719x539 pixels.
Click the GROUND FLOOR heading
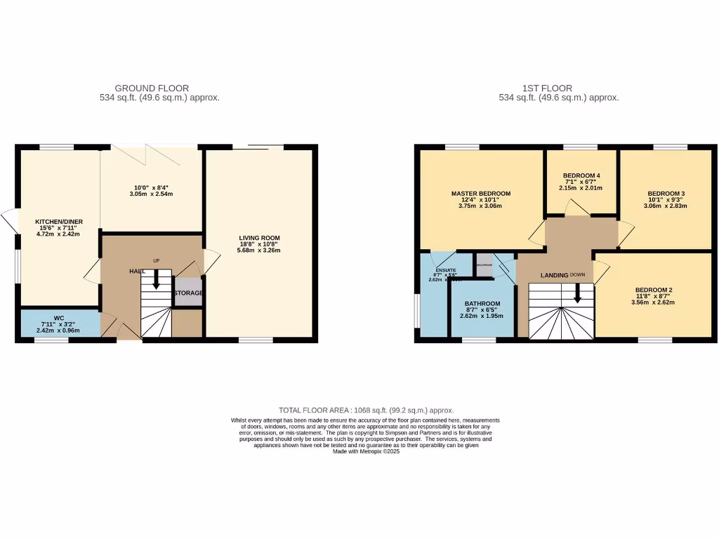[152, 88]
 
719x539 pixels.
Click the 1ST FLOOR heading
[546, 88]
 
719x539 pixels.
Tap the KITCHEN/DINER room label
[59, 222]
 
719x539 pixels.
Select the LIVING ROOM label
[259, 238]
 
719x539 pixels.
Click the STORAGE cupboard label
[188, 293]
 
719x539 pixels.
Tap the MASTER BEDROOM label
[480, 194]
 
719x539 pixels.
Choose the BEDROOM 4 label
[581, 175]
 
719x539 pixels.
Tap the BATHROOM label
[482, 304]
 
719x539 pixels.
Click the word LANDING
[554, 275]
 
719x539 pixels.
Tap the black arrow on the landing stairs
[577, 293]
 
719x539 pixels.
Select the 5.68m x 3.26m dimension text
[259, 251]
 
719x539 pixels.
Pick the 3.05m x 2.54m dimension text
[152, 194]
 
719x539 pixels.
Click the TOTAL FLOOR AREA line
[366, 410]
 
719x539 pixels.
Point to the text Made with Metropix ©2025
[366, 452]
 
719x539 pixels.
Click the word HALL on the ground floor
[138, 271]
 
